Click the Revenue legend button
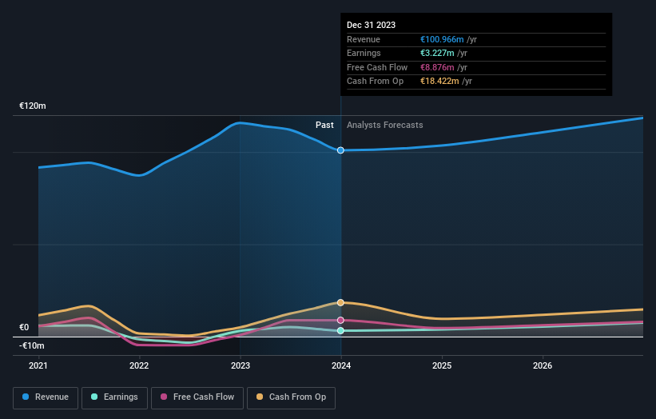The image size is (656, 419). (x=46, y=397)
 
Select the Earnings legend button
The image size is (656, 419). (x=114, y=397)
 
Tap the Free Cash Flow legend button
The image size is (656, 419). (x=197, y=397)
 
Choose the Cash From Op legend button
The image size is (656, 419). (x=291, y=397)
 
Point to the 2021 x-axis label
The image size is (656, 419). (x=38, y=366)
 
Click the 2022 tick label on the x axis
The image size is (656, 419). (x=139, y=366)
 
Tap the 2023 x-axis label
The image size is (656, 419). (x=240, y=366)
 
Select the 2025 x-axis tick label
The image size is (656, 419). (x=442, y=366)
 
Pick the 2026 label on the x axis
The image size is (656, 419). (x=543, y=366)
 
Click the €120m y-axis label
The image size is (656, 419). (x=33, y=106)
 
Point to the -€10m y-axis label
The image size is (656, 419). (x=33, y=345)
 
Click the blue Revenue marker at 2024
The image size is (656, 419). (x=341, y=150)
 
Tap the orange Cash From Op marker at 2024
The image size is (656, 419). (x=341, y=302)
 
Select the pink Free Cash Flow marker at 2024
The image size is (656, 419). (x=341, y=320)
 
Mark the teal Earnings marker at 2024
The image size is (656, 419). (x=341, y=330)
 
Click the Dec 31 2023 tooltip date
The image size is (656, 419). (x=371, y=26)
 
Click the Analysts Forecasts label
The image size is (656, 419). (x=384, y=125)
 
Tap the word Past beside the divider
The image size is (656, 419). (x=324, y=125)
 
